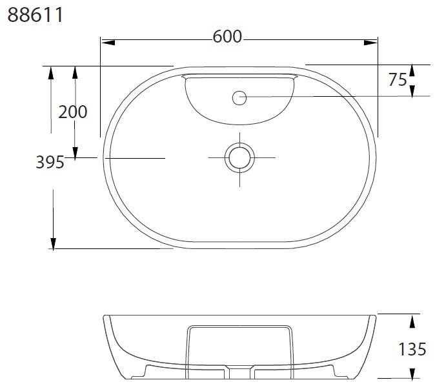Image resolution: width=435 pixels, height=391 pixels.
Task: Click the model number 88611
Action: [x=35, y=15]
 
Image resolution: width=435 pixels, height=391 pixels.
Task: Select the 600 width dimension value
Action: [x=227, y=37]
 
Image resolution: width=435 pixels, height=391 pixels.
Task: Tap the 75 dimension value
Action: [x=398, y=79]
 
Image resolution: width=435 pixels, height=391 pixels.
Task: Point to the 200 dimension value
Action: [x=73, y=112]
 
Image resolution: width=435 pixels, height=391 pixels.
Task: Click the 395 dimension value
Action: [x=50, y=162]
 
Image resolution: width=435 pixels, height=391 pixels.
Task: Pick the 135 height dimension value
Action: [x=412, y=349]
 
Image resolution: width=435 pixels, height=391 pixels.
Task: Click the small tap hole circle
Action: [x=239, y=97]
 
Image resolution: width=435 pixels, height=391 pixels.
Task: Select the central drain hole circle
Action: [x=239, y=158]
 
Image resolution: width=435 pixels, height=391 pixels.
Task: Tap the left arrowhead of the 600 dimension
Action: [x=108, y=43]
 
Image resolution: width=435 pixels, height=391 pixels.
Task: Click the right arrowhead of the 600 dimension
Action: [x=370, y=43]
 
